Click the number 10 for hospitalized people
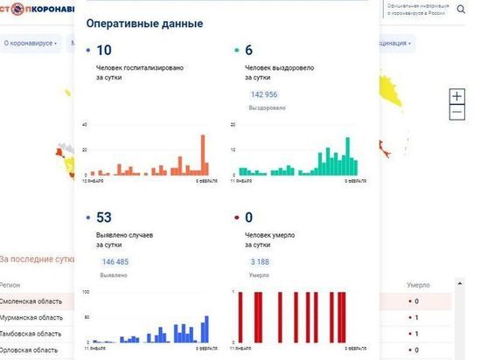coord(104,51)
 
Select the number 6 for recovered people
coord(248,51)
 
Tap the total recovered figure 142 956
coord(263,94)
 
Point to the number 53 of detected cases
coord(104,217)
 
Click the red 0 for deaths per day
coord(248,217)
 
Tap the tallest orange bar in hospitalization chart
coord(204,156)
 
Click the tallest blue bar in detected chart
coord(207,329)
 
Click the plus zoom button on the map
coord(457,96)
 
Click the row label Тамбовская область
coord(31,333)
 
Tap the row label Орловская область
coord(30,350)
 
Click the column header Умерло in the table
coord(417,285)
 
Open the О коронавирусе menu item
coord(30,42)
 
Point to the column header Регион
coord(10,285)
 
